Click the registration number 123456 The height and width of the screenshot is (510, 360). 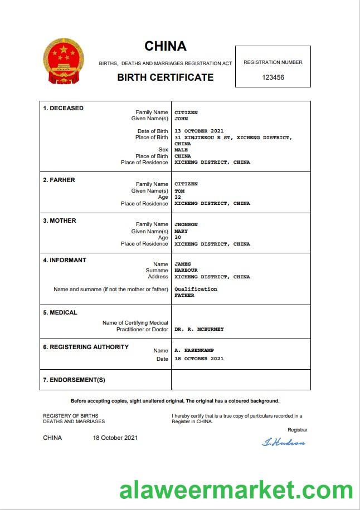click(x=273, y=77)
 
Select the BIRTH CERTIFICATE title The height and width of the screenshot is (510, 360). click(x=165, y=77)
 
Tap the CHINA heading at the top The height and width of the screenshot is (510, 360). click(x=166, y=46)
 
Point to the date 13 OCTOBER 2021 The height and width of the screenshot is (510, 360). click(x=199, y=131)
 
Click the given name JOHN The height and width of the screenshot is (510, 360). click(x=181, y=119)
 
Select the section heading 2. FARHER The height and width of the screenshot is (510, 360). click(x=59, y=180)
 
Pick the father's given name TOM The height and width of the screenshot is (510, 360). click(x=179, y=191)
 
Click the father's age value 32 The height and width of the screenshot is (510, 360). click(x=178, y=197)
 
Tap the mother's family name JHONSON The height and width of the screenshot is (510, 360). click(x=186, y=224)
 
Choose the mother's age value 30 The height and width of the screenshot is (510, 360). click(x=178, y=237)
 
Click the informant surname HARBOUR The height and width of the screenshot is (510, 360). click(x=186, y=271)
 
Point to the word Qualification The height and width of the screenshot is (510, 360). click(x=196, y=290)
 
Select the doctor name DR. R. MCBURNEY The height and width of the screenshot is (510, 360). click(x=199, y=329)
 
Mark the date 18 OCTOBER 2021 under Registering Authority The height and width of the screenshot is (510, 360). click(x=199, y=359)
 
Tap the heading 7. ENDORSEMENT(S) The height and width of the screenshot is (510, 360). click(x=74, y=380)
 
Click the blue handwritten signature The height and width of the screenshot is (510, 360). click(x=284, y=443)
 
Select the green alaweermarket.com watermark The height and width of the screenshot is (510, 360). click(x=236, y=491)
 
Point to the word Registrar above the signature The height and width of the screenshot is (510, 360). click(x=297, y=430)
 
